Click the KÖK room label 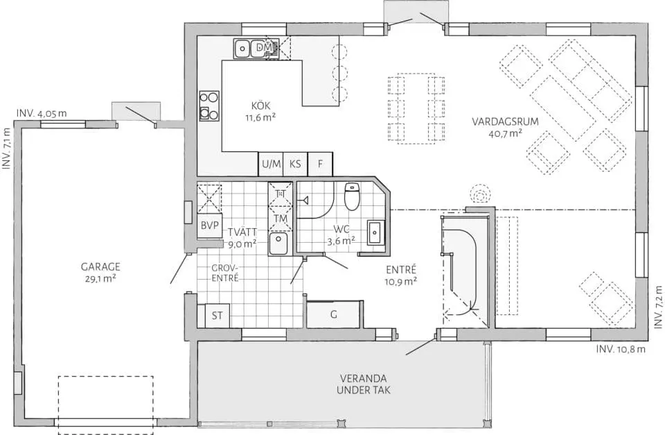pos(260,105)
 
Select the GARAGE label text pos(100,267)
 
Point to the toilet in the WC pos(352,196)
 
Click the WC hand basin pos(375,232)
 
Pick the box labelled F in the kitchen pos(320,164)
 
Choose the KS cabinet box pos(295,164)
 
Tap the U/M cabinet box pos(271,164)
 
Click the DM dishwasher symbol pos(265,49)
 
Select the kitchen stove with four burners pos(209,106)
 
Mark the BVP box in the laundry pos(209,225)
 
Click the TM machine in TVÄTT pos(281,219)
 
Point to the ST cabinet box pos(217,316)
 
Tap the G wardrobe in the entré pos(334,314)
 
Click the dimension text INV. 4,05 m pos(42,113)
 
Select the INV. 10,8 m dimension pos(621,349)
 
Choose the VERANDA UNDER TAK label pos(364,384)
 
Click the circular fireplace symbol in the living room pos(480,196)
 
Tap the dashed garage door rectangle pos(105,405)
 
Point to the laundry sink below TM pos(278,244)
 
